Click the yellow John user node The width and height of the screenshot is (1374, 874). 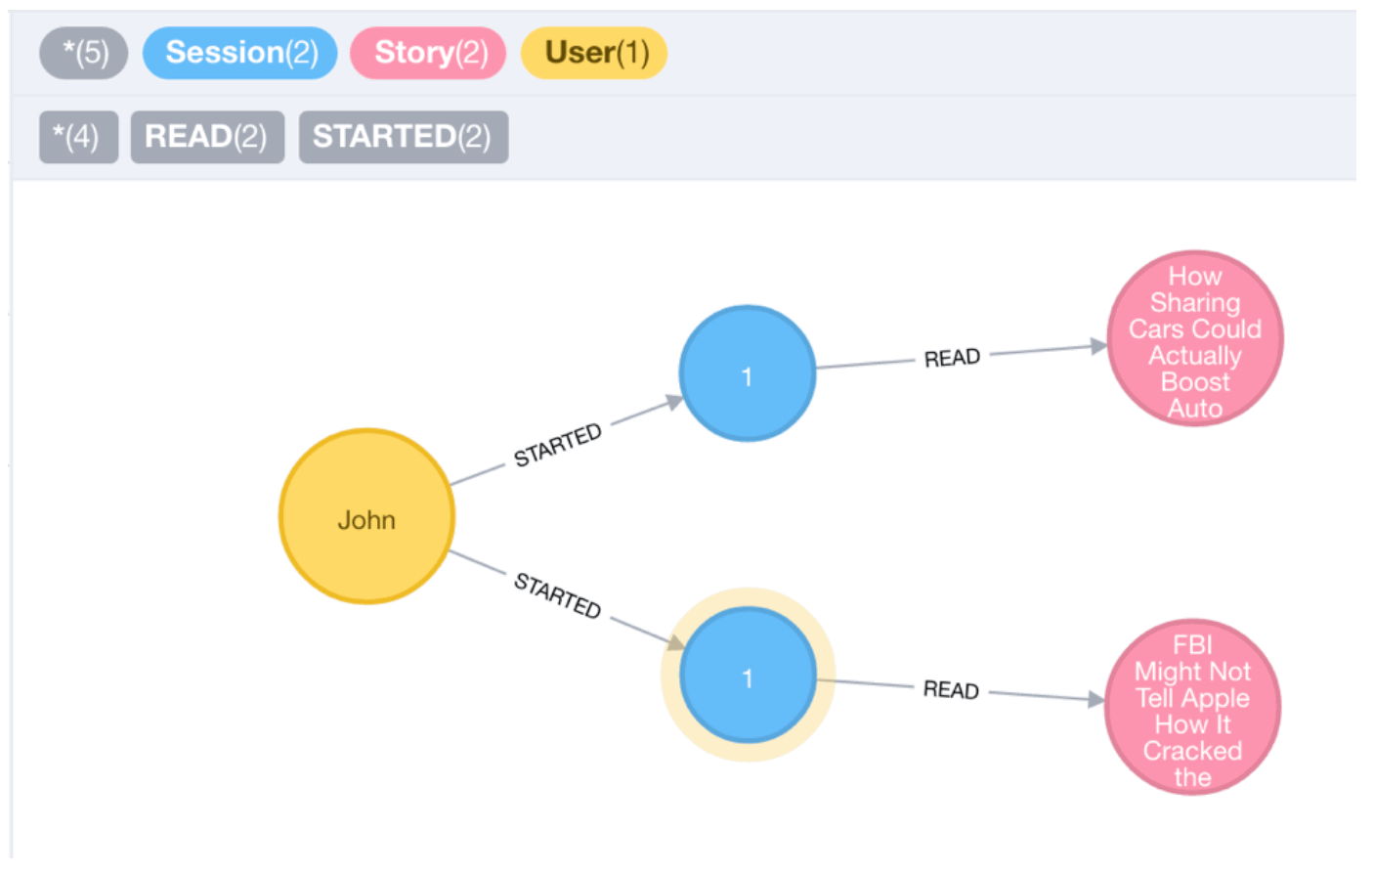pyautogui.click(x=366, y=516)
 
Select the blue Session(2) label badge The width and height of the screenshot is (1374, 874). pyautogui.click(x=239, y=53)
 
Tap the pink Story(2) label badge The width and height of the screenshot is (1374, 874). pyautogui.click(x=428, y=53)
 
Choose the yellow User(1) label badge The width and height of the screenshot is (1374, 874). pyautogui.click(x=594, y=53)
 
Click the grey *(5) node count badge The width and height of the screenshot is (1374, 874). pyautogui.click(x=84, y=53)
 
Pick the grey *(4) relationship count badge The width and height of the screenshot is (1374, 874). pyautogui.click(x=78, y=137)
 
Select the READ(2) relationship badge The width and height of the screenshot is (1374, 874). pyautogui.click(x=207, y=137)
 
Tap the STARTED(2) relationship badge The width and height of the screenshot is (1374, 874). pyautogui.click(x=404, y=137)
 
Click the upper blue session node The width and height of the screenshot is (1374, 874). pyautogui.click(x=748, y=373)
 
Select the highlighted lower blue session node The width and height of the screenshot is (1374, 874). pyautogui.click(x=748, y=676)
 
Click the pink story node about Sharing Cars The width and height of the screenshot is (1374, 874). pyautogui.click(x=1195, y=338)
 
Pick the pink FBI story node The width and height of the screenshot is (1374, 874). pyautogui.click(x=1193, y=707)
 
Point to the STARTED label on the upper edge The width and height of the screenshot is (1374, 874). pyautogui.click(x=558, y=445)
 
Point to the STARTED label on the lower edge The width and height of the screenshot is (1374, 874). pyautogui.click(x=558, y=594)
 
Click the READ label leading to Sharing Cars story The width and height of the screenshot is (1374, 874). pyautogui.click(x=952, y=358)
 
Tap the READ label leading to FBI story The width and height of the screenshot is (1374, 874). pyautogui.click(x=952, y=690)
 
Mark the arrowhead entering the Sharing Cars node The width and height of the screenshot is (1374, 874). pyautogui.click(x=1098, y=346)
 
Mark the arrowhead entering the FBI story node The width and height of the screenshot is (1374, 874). pyautogui.click(x=1095, y=699)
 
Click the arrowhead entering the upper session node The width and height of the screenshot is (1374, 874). pyautogui.click(x=674, y=402)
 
